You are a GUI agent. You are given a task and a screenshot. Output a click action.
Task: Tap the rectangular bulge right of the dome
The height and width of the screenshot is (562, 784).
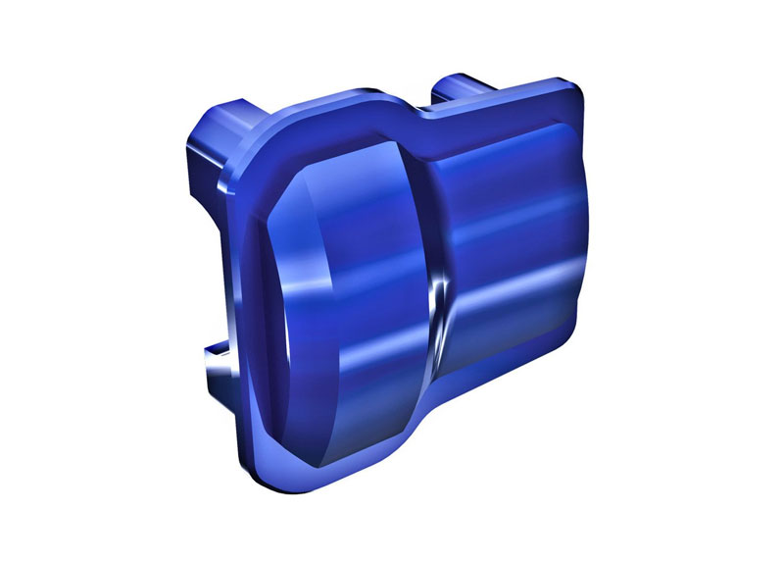tap(510, 255)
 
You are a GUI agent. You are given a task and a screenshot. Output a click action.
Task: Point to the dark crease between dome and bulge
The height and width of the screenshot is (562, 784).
tap(431, 216)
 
